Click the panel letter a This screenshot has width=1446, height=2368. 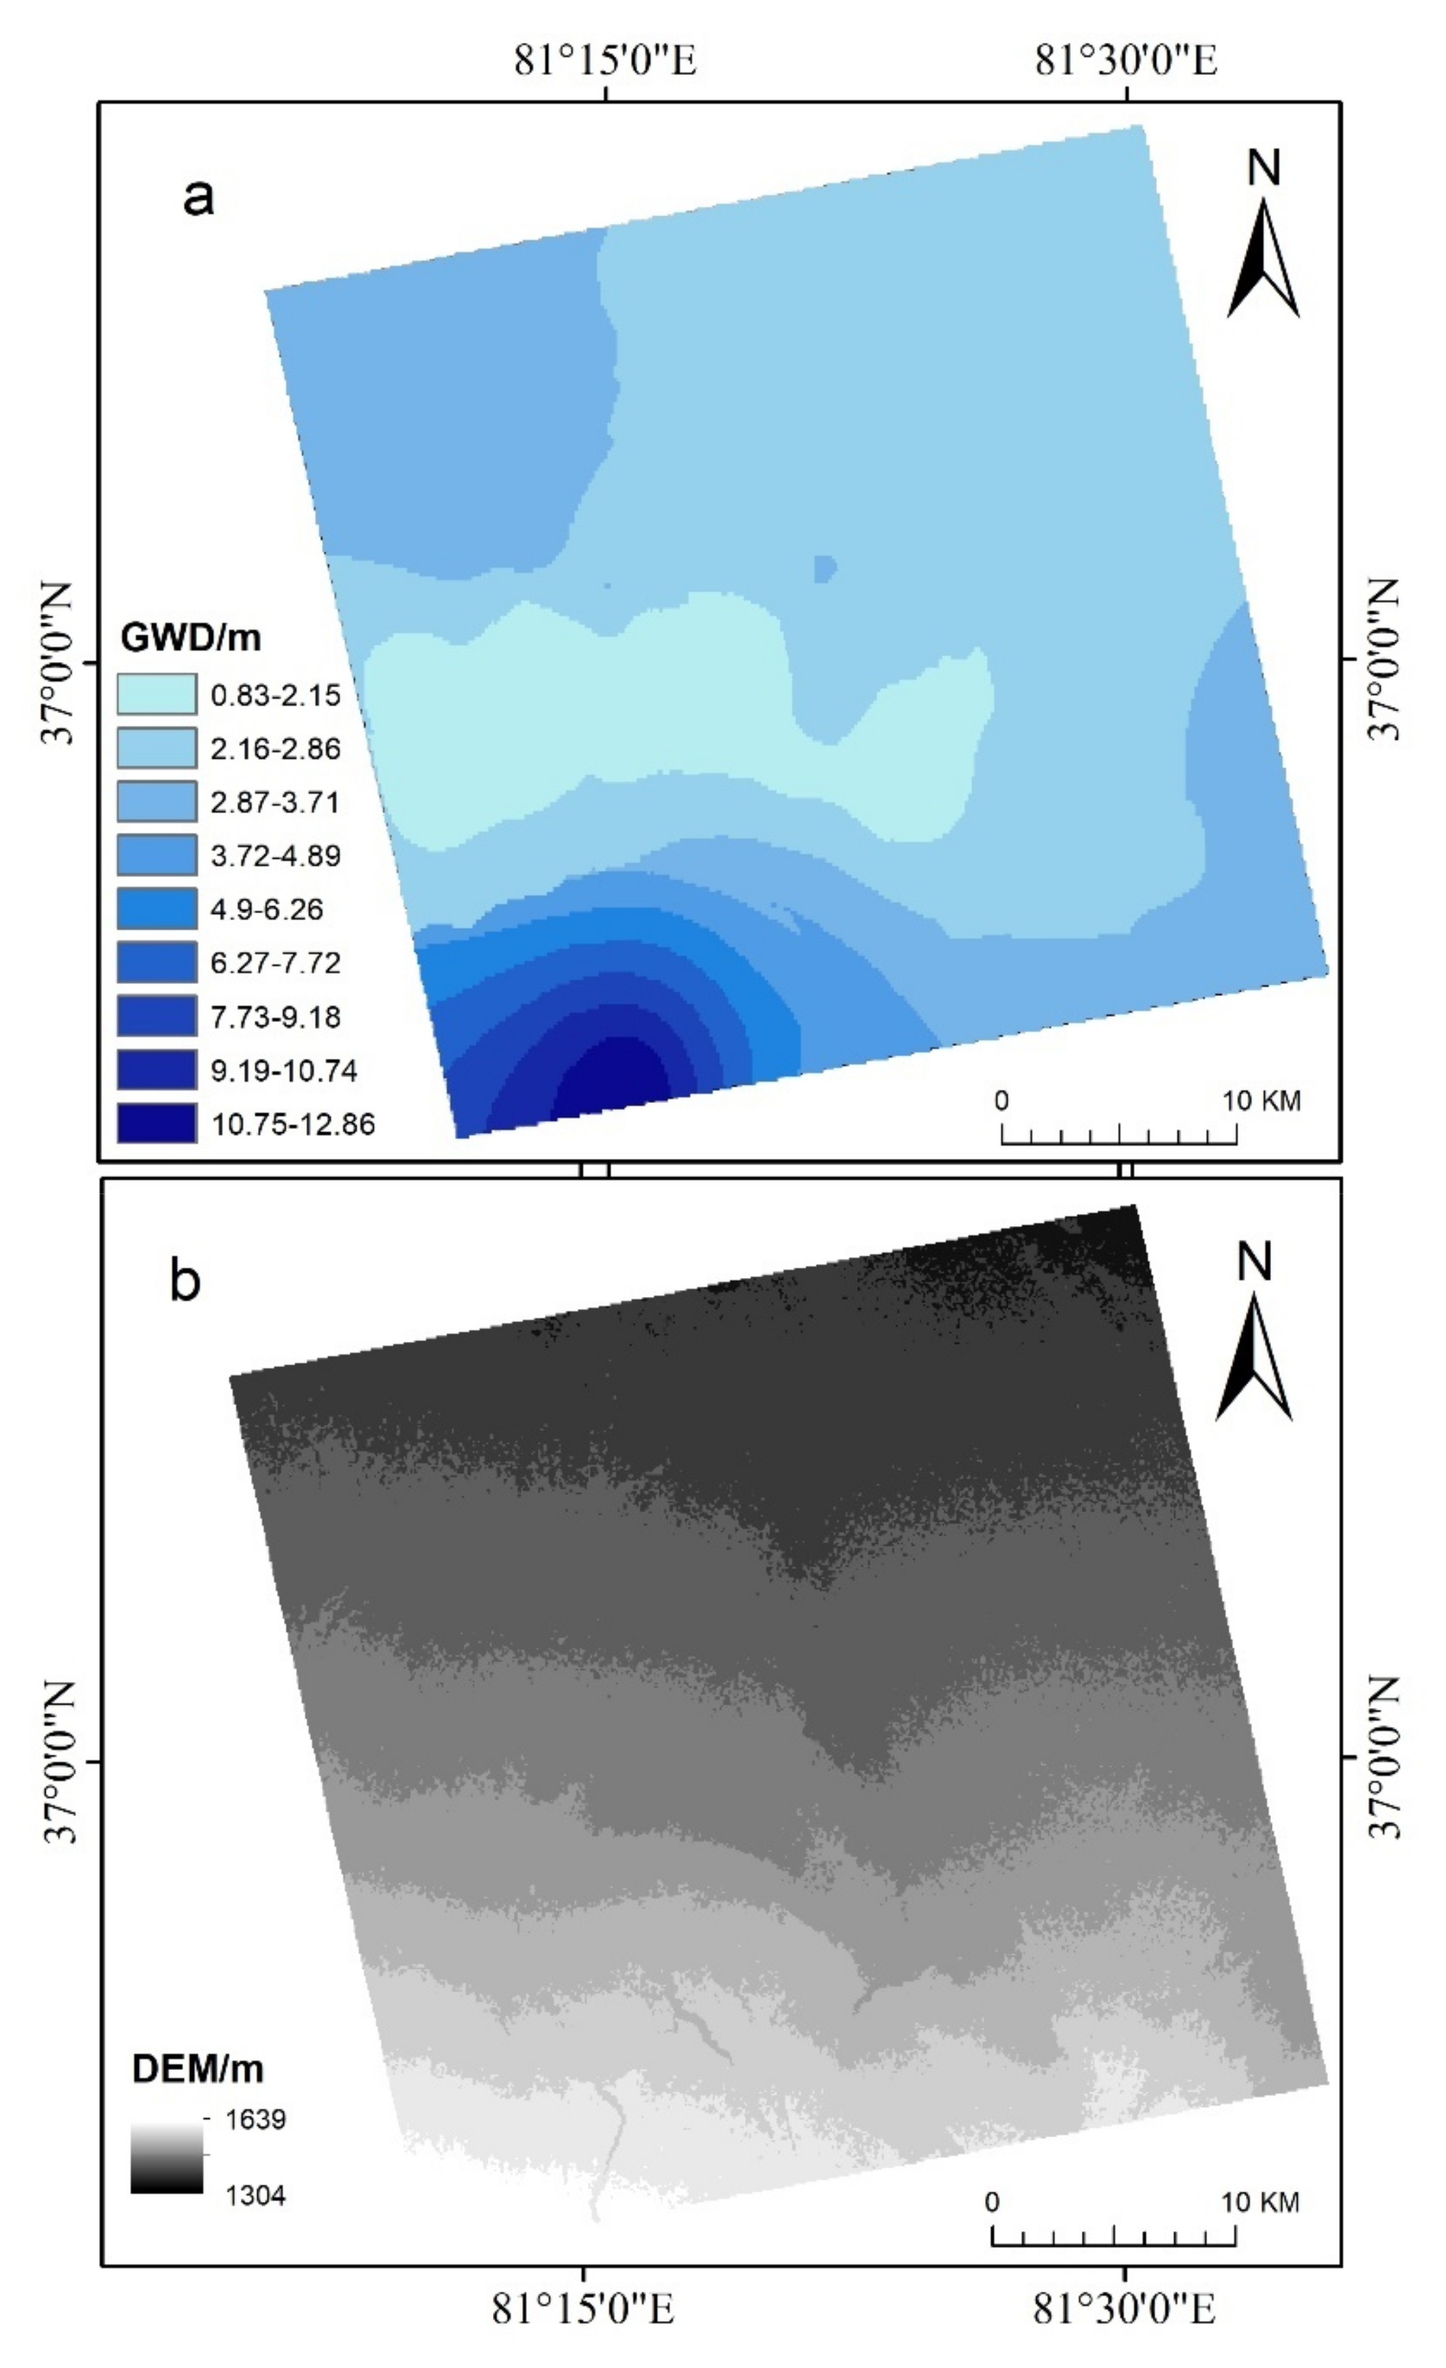198,197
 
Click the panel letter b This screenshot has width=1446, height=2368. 186,1280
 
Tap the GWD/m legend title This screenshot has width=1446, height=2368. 191,637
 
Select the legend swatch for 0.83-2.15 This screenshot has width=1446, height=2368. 157,694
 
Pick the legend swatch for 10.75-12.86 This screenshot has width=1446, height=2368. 157,1123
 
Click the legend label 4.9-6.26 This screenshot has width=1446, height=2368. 268,909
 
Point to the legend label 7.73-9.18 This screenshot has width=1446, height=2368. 276,1017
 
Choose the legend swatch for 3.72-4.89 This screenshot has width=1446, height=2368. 157,855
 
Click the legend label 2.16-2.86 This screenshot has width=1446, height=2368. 276,749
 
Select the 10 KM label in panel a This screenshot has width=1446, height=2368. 1262,1100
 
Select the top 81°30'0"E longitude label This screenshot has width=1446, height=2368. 1126,61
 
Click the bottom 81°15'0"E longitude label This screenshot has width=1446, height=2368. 583,2308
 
